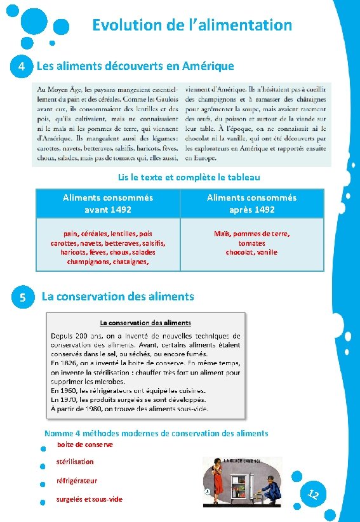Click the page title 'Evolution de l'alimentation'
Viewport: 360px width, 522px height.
point(192,25)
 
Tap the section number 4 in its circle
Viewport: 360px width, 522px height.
point(22,66)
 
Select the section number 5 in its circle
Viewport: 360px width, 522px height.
point(22,297)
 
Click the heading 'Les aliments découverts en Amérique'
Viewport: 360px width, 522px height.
point(135,66)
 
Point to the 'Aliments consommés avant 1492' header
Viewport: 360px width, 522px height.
point(108,203)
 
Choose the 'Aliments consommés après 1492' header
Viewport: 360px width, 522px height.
point(251,203)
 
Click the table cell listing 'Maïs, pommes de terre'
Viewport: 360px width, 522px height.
point(251,243)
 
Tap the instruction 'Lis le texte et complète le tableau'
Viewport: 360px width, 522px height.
point(189,178)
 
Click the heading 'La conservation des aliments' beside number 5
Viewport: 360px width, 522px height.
point(117,296)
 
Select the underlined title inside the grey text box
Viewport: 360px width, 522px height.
point(145,323)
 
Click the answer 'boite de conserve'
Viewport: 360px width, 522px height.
point(84,445)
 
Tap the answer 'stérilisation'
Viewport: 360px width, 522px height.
point(75,462)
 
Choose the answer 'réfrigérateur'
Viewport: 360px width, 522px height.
point(77,481)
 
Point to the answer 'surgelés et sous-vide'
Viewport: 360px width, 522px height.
point(89,499)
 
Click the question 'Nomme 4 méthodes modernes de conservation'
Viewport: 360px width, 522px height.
point(156,433)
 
